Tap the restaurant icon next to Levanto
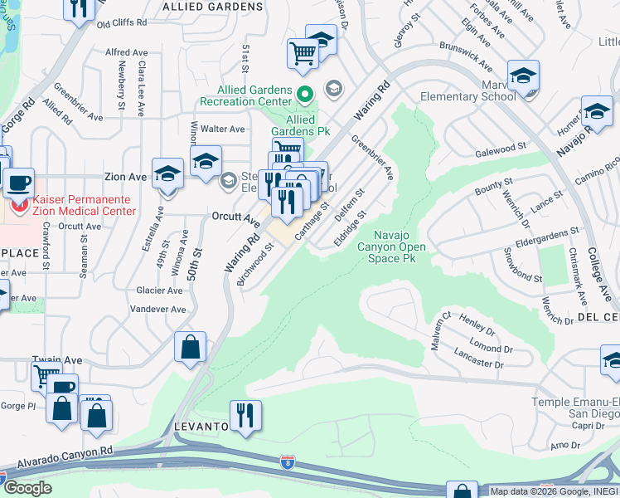click(x=245, y=415)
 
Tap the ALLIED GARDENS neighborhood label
click(x=212, y=7)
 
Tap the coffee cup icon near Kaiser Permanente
click(x=17, y=183)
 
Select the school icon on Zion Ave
click(x=168, y=174)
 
